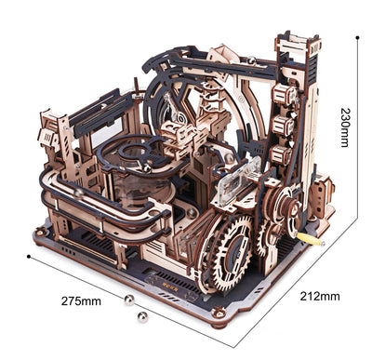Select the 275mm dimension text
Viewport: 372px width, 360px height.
point(83,300)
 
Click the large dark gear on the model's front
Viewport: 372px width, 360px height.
point(222,254)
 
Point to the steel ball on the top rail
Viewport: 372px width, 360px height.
point(250,61)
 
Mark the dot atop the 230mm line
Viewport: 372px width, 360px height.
point(358,37)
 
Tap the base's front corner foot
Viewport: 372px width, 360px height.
point(217,323)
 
